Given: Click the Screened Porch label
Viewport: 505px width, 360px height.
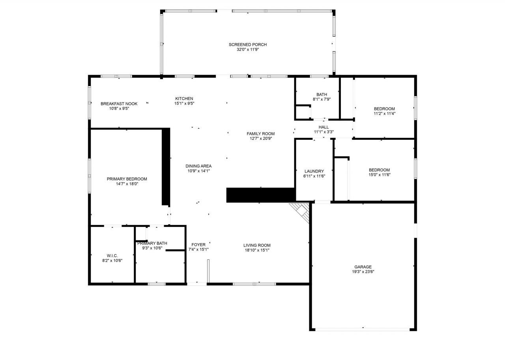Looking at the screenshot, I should pos(247,45).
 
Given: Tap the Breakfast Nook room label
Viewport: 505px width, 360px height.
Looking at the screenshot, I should pos(119,104).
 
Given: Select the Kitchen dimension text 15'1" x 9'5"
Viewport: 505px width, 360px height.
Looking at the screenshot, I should pos(184,103).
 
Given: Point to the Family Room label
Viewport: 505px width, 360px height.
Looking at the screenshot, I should pos(260,134).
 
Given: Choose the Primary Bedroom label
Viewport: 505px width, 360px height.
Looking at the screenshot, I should pos(127,179).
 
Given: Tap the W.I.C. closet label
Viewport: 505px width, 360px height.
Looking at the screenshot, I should pos(112,256).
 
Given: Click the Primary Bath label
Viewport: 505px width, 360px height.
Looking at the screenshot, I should pos(152,243).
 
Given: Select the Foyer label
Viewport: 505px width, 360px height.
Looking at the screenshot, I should pos(198,245).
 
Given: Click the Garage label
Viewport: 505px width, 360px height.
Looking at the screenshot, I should pos(362,267).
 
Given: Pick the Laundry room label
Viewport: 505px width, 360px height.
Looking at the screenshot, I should pos(314,171).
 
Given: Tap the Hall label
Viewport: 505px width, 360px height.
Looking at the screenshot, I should pos(324,127).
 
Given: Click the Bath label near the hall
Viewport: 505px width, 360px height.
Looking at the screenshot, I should pos(322,94).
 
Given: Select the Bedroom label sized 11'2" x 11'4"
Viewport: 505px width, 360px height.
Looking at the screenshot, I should pos(384,109).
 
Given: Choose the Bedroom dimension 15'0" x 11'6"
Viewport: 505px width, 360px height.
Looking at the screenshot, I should pos(380,174).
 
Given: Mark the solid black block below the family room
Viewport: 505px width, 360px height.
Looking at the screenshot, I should pos(261,195).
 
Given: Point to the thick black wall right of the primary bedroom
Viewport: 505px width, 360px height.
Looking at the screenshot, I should pos(166,166).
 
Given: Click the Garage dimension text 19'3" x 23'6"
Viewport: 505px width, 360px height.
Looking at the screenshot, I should pos(362,272).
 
